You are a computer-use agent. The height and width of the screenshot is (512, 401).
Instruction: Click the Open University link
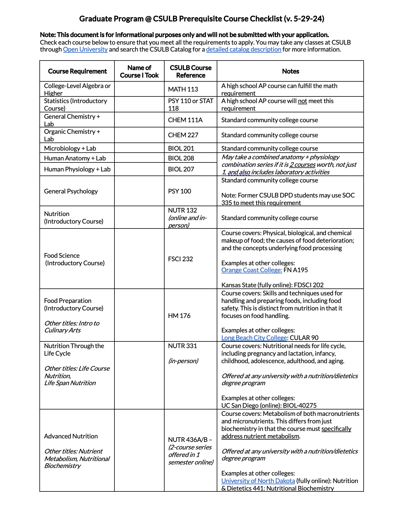click(x=85, y=50)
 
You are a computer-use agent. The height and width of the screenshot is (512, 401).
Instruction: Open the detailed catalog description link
click(x=244, y=50)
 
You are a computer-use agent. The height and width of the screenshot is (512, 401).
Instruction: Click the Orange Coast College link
click(x=251, y=270)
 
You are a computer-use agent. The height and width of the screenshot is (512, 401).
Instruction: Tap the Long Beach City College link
click(x=254, y=338)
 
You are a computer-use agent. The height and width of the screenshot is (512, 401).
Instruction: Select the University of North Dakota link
click(x=258, y=481)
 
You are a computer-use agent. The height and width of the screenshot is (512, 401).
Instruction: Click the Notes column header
click(x=290, y=71)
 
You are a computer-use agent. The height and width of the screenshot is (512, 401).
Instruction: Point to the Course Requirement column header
click(x=77, y=71)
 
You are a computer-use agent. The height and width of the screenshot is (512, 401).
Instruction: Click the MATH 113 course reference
click(x=183, y=89)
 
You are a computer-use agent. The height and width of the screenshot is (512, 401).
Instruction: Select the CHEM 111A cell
click(x=185, y=120)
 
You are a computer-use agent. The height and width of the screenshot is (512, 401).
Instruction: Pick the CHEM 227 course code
click(x=183, y=135)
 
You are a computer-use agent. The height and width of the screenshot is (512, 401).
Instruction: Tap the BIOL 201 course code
click(x=181, y=148)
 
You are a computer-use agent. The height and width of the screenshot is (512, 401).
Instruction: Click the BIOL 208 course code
click(x=181, y=158)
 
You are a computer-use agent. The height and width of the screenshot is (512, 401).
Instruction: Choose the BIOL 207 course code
click(x=181, y=169)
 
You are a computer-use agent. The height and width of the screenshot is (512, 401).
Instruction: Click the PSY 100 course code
click(x=180, y=191)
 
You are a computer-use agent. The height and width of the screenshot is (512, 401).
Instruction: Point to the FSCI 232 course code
click(x=181, y=259)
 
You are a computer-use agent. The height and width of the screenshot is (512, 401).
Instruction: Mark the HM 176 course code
click(x=179, y=316)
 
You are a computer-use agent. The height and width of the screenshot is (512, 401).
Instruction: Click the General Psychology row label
click(x=71, y=191)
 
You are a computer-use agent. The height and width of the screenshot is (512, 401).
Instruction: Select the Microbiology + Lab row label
click(x=70, y=148)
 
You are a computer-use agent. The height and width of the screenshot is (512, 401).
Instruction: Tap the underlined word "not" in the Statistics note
click(x=302, y=101)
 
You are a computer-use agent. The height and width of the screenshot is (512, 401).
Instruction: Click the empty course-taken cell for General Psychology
click(x=139, y=191)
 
